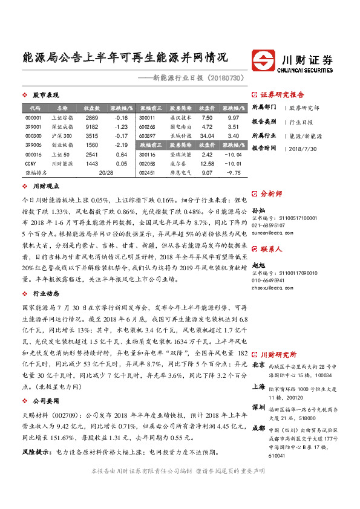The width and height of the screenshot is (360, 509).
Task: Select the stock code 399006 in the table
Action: [x=34, y=145]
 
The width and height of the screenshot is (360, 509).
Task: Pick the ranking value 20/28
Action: [x=105, y=173]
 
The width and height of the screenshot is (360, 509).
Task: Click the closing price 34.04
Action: [x=207, y=136]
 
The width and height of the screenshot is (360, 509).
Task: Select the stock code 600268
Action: [x=147, y=127]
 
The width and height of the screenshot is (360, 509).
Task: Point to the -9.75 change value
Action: [x=233, y=173]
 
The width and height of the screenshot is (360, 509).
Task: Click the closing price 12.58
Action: [x=207, y=164]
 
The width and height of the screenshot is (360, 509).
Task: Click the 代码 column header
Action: [x=34, y=108]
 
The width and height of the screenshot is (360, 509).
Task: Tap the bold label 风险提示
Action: [x=36, y=452]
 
